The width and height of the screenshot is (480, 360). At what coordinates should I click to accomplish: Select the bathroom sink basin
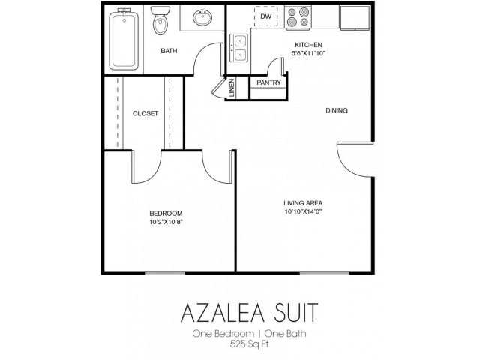coord(202,18)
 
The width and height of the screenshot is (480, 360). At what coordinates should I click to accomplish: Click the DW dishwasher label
coord(265,16)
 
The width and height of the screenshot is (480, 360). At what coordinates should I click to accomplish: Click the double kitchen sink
coord(239,47)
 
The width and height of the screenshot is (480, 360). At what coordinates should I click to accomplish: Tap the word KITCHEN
coord(307,46)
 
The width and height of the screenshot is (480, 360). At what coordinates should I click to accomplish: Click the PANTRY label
coord(268,82)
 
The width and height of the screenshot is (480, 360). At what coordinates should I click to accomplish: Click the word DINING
coord(337,111)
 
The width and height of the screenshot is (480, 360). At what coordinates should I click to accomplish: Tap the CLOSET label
coord(145,114)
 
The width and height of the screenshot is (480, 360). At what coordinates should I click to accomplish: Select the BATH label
coord(169,51)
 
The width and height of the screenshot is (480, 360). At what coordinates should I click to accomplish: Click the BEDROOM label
coord(166,214)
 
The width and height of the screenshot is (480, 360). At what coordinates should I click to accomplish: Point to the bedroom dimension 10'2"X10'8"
coord(166,222)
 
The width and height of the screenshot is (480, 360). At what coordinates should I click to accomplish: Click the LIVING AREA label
coord(303,202)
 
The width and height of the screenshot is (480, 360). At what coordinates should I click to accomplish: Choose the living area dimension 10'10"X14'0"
coord(303,211)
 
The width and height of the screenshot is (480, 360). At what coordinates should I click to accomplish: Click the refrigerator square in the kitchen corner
coord(355,18)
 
